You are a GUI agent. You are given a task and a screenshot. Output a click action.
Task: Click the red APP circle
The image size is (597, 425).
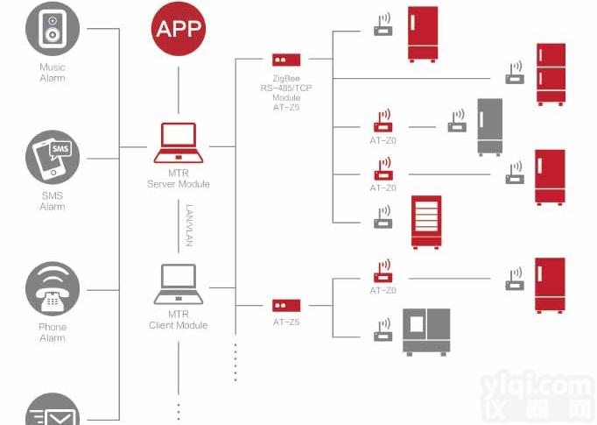coord(179,29)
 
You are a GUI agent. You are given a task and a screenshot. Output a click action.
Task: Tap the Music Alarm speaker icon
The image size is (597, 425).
coord(53,26)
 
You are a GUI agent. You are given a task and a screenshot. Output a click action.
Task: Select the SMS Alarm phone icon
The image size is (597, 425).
coord(53,158)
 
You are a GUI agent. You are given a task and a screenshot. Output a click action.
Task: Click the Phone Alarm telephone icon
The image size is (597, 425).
coord(53,289)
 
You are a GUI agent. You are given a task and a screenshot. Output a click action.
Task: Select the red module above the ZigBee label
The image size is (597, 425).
coord(286,60)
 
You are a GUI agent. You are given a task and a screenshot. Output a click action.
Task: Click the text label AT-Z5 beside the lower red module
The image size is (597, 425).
coord(286,322)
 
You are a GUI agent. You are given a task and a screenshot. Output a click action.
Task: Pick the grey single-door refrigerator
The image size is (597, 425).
coord(489,126)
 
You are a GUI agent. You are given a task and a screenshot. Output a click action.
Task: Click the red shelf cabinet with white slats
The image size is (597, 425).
coord(426,222)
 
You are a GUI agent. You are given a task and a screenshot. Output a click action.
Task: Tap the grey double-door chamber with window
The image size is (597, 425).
coord(426,331)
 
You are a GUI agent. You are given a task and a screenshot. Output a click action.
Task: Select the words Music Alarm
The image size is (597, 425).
coord(53,73)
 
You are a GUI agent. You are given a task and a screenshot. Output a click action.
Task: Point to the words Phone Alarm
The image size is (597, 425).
coord(53,332)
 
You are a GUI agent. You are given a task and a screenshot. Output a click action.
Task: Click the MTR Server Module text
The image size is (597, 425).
coord(179,179)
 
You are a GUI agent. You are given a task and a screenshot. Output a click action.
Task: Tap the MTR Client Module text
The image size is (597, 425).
coord(179,319)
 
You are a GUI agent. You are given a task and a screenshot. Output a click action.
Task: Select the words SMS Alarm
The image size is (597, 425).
coord(53,201)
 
